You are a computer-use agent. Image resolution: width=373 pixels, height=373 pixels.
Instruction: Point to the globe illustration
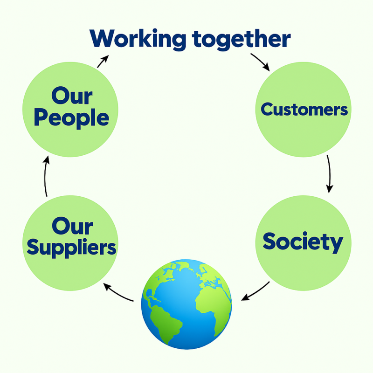[186, 304]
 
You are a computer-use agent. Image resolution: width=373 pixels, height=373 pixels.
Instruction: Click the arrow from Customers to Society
[329, 173]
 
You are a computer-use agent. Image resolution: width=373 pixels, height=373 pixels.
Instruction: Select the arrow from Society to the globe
[256, 291]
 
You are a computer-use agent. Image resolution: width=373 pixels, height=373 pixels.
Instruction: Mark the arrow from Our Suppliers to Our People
[46, 176]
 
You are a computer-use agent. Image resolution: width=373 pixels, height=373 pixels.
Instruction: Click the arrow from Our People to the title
[103, 61]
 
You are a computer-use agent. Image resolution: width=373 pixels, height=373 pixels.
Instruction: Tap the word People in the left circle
[71, 118]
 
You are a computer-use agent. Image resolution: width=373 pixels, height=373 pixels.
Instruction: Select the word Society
[303, 242]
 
